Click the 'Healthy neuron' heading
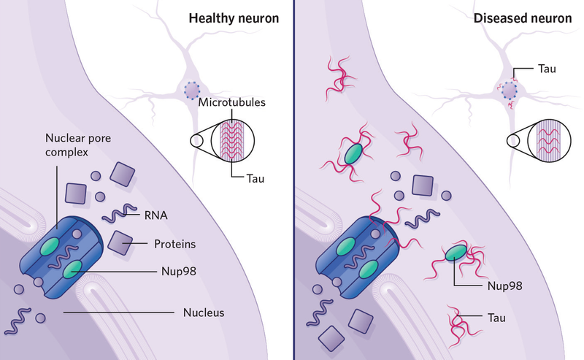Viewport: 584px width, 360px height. (234, 18)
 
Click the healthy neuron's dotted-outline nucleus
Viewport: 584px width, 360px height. (193, 91)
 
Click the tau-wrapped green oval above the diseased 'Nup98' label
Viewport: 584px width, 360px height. (458, 253)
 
